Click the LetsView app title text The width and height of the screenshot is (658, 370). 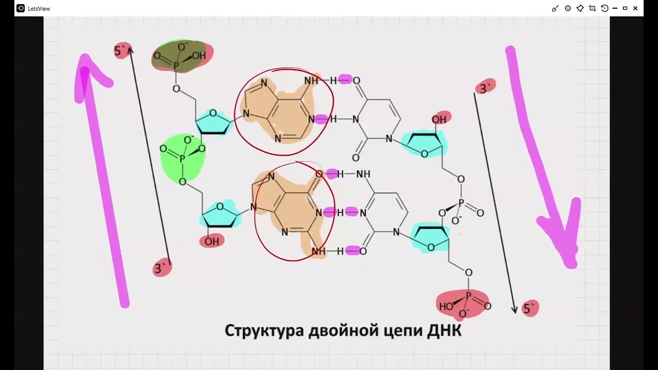click(x=39, y=9)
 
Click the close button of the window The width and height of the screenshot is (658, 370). click(x=636, y=8)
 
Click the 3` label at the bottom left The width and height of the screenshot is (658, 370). click(x=161, y=268)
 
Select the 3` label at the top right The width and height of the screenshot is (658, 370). click(x=484, y=88)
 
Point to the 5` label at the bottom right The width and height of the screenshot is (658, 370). click(x=529, y=309)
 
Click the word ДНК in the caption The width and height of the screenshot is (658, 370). click(x=444, y=330)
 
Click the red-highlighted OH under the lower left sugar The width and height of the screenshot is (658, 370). click(x=211, y=241)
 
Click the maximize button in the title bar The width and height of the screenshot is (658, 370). click(x=625, y=8)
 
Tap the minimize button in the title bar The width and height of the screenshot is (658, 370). click(x=615, y=8)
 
